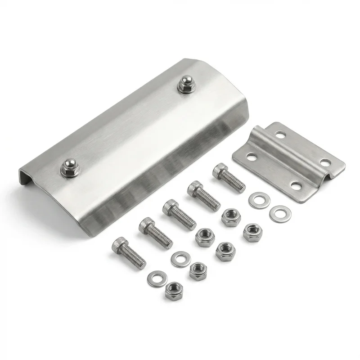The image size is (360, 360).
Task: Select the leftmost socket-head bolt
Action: [x=129, y=252]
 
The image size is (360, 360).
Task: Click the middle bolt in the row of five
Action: [x=179, y=214]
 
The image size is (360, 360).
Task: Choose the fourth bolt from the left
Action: [x=203, y=195]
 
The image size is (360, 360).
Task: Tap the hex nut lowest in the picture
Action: [x=173, y=292]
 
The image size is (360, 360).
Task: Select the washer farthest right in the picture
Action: [x=280, y=213]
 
